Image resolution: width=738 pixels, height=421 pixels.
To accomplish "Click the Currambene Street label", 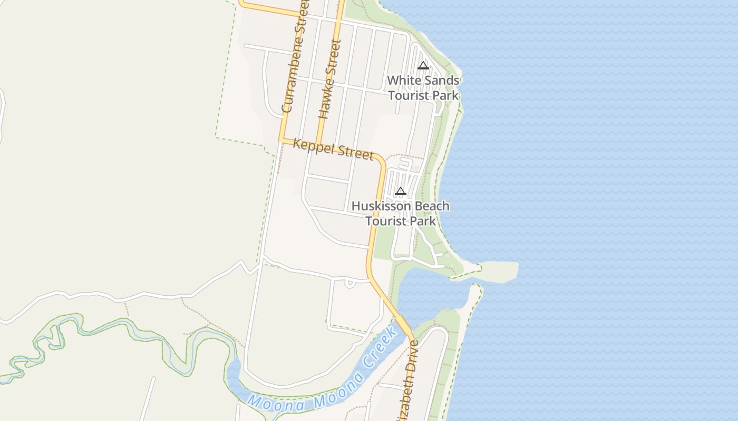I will click(294, 58).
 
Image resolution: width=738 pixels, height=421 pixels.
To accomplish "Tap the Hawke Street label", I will click(330, 79).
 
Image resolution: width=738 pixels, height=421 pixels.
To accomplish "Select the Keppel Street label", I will click(333, 149).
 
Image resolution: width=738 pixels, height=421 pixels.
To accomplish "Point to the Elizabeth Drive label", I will click(409, 384).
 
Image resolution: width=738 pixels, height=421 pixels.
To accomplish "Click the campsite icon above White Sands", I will click(423, 66).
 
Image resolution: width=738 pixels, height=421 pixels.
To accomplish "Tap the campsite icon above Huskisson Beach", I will click(401, 192).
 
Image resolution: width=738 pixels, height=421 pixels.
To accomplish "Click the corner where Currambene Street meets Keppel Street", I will click(283, 139).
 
